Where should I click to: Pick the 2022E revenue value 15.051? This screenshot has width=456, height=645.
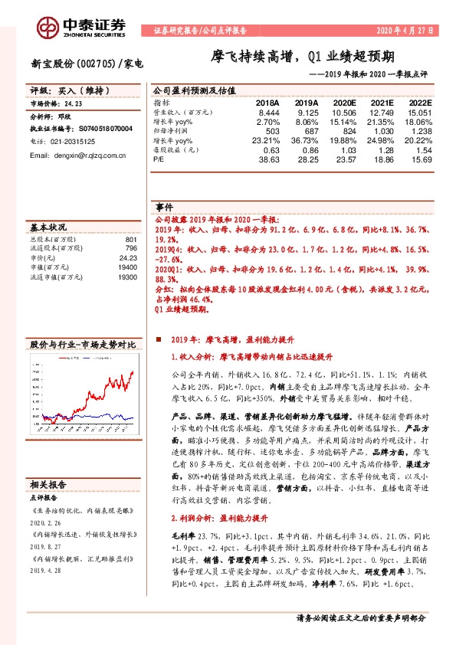point(418,112)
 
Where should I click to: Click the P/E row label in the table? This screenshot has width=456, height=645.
point(159,160)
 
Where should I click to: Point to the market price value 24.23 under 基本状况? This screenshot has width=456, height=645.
point(127,258)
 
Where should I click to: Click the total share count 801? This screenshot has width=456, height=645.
point(130,238)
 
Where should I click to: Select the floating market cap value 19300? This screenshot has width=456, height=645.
point(126,276)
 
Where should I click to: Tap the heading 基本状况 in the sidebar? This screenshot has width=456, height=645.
point(49,228)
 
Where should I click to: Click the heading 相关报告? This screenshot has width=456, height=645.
point(49,506)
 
